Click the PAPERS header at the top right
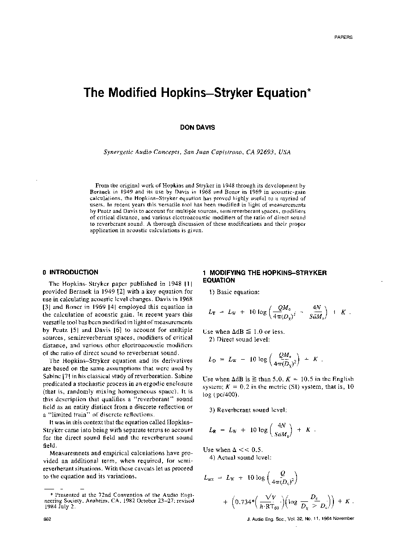343,37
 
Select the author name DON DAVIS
197,128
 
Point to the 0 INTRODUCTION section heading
70,272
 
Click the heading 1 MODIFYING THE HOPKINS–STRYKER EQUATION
265,277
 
